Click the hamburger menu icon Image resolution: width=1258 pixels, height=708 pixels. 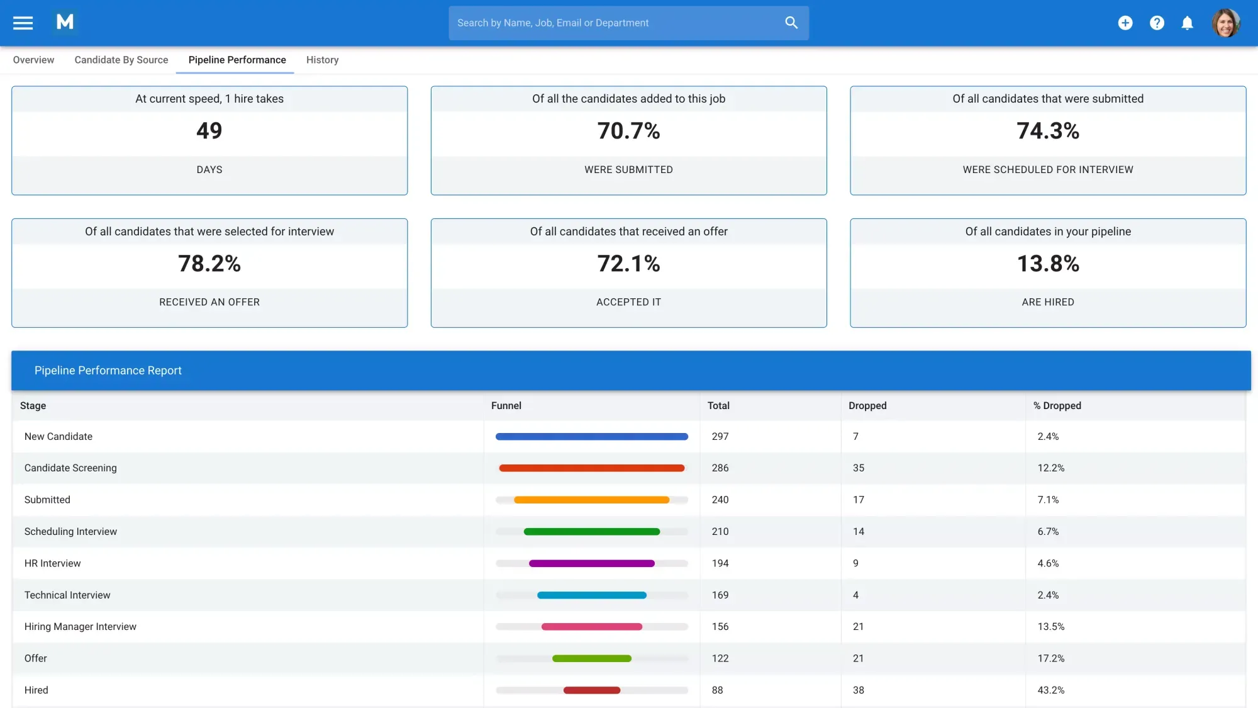[x=23, y=23]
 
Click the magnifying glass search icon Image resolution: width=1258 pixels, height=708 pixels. [x=791, y=23]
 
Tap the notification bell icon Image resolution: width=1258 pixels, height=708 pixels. [x=1187, y=23]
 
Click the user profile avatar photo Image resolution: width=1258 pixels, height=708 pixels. [x=1225, y=23]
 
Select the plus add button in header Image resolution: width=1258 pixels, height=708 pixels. [x=1125, y=23]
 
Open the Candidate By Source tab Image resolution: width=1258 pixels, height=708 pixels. [x=121, y=60]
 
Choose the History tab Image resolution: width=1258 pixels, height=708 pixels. [x=322, y=60]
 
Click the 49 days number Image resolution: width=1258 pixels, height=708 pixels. [x=209, y=131]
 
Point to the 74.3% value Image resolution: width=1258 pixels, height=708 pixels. [x=1048, y=131]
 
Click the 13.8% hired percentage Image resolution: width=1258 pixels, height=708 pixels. [x=1048, y=264]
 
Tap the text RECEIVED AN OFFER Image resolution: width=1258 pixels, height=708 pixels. [x=209, y=302]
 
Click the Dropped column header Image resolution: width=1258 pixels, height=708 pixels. [x=867, y=406]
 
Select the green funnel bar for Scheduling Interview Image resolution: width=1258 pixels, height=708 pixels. [x=591, y=532]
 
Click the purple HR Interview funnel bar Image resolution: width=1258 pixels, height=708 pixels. [x=591, y=563]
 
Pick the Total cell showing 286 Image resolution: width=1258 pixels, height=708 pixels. [x=720, y=468]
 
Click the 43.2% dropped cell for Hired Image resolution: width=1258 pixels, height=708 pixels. [x=1051, y=690]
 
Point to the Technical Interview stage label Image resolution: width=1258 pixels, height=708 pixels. [x=67, y=595]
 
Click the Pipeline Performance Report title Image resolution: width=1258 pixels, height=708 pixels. [x=108, y=371]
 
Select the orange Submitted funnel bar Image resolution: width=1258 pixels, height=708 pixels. [x=591, y=500]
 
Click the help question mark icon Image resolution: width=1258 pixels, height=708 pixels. [x=1157, y=23]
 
